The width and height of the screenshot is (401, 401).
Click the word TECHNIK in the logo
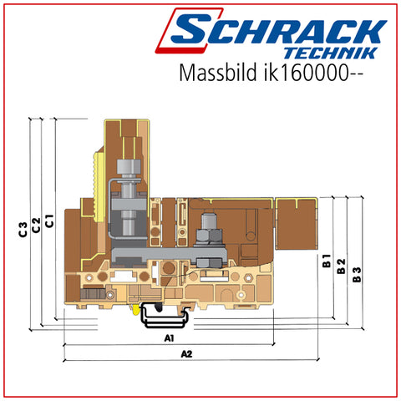pos(331,53)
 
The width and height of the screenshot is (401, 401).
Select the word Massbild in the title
pos(218,73)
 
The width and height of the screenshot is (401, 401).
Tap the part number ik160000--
pos(313,73)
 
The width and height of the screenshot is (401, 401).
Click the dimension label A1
pos(169,338)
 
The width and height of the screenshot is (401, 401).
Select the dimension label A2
pos(186,354)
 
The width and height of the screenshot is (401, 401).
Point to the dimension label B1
pos(327,261)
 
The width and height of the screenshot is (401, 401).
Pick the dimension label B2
pos(341,266)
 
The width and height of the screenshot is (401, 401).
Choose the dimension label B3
pos(357,275)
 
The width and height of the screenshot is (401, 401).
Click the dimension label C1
pos(49,221)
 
